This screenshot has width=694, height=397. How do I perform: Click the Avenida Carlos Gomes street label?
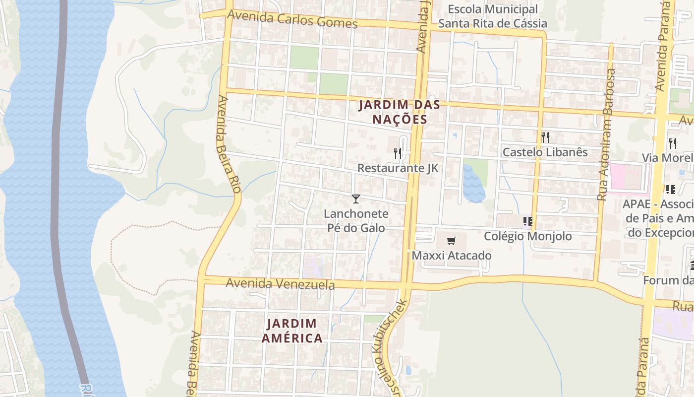click(292, 19)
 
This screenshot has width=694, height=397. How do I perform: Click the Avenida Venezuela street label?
click(280, 284)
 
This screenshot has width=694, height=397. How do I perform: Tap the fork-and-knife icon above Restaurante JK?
click(398, 153)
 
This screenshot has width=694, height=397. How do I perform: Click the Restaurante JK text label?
click(398, 168)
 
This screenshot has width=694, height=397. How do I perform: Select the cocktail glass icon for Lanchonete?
click(355, 199)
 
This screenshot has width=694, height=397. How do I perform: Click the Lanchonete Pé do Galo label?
click(356, 221)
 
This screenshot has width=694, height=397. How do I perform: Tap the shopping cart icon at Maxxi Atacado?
click(451, 241)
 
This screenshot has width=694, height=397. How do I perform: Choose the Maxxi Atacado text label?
click(452, 256)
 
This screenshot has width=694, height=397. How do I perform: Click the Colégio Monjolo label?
click(527, 236)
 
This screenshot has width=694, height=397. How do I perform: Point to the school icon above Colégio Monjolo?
click(527, 221)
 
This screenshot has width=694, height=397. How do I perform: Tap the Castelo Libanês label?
click(545, 152)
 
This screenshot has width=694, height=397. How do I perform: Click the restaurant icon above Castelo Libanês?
click(545, 137)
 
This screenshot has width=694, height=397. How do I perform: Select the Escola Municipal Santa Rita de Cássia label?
click(493, 16)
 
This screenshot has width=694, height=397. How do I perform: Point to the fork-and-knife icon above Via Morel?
click(673, 143)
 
